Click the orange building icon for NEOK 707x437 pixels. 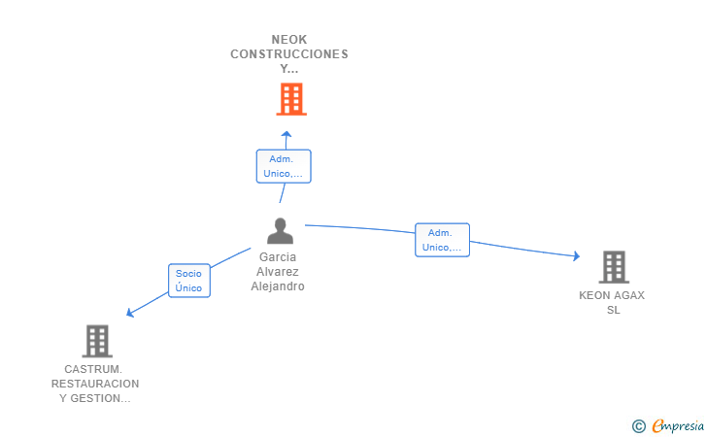point(291,99)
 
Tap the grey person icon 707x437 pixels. point(280,231)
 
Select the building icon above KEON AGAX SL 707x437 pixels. point(614,267)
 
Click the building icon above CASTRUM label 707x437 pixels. point(97,341)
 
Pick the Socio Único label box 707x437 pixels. point(189,281)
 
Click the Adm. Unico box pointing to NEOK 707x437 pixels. point(284,166)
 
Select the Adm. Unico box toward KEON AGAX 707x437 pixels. point(442,240)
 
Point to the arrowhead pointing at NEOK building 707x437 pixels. point(286,134)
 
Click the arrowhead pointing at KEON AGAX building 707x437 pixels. point(576,255)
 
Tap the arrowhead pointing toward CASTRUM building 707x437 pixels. point(130,312)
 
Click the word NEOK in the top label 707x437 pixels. point(289,40)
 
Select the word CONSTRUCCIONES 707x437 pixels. point(289,54)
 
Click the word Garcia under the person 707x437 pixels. point(278,257)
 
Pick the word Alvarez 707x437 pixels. point(278,272)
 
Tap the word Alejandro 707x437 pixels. point(278,286)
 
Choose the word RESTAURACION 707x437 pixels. point(95,384)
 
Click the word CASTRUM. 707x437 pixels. point(93,369)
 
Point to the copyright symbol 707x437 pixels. point(638,426)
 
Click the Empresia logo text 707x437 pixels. point(678,426)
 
